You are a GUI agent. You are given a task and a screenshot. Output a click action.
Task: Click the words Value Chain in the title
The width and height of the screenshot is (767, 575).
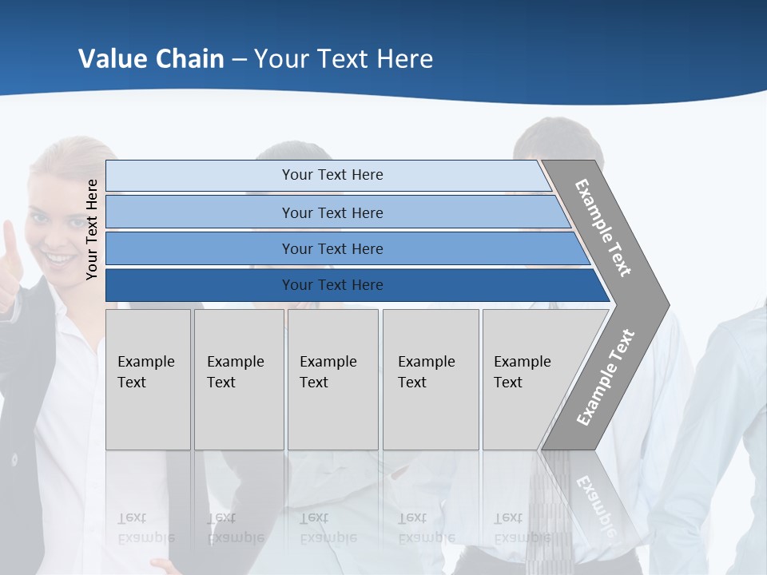click(151, 59)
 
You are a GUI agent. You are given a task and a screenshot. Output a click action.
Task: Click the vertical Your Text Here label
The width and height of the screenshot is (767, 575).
click(93, 230)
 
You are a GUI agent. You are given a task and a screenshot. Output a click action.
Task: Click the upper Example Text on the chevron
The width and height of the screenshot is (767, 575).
click(603, 228)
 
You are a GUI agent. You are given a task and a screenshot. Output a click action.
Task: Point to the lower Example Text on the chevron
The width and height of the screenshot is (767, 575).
click(606, 378)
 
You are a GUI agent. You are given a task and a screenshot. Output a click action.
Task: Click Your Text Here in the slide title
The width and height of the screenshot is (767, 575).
click(344, 59)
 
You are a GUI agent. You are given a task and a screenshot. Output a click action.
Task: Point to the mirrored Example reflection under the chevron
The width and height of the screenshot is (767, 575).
click(595, 499)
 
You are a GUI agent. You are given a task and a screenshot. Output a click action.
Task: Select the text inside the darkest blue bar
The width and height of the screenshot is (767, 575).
click(332, 285)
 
